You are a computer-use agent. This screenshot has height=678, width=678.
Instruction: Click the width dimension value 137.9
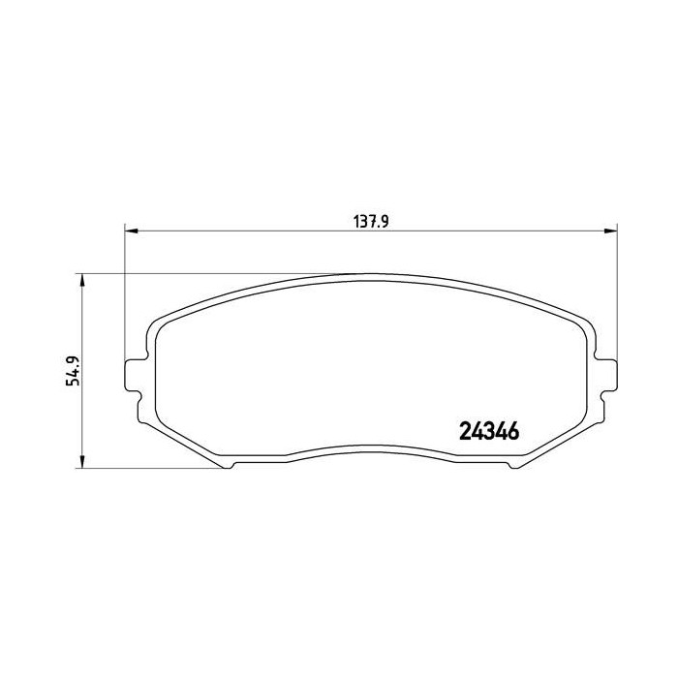(370, 221)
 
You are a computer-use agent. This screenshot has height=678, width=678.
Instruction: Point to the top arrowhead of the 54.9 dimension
(82, 279)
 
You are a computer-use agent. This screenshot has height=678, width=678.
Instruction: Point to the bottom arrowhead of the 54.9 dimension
(82, 462)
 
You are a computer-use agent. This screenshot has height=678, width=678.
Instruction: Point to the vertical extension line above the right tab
(617, 291)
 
